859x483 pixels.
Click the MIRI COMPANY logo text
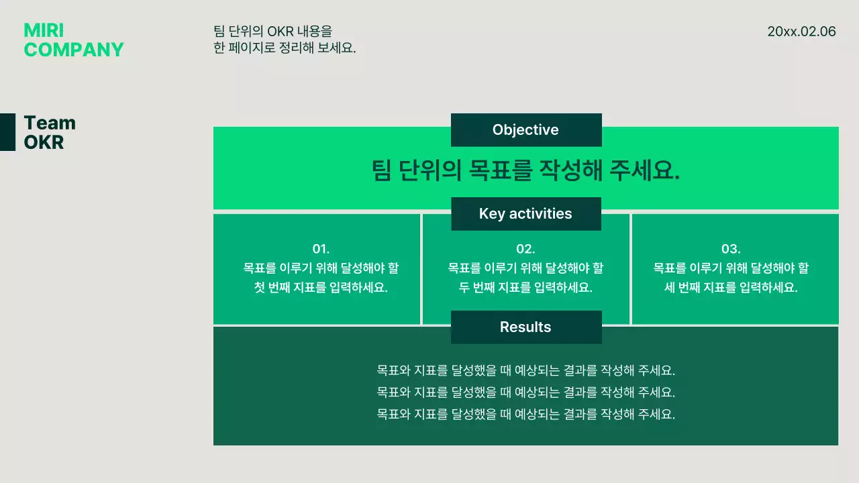tap(73, 40)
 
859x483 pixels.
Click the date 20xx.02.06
tap(801, 32)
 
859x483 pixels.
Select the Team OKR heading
tap(50, 132)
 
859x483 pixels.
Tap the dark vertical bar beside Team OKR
tap(7, 132)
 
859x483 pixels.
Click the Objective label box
tap(526, 130)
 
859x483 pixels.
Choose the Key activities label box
tap(526, 214)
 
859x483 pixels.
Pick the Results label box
tap(526, 327)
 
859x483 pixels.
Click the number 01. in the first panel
tap(321, 249)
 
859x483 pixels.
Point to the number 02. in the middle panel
tap(525, 249)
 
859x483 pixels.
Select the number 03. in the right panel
tap(731, 249)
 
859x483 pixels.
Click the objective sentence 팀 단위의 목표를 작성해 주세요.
tap(526, 170)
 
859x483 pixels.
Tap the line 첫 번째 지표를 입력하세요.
tap(321, 288)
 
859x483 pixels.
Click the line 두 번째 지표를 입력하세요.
tap(525, 288)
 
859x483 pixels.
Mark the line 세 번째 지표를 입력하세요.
tap(731, 288)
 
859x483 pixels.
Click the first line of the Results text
tap(526, 370)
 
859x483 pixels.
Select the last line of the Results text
tap(526, 414)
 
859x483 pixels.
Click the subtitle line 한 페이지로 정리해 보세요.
tap(285, 48)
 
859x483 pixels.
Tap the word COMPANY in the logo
tap(74, 50)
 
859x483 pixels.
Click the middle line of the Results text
tap(526, 392)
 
